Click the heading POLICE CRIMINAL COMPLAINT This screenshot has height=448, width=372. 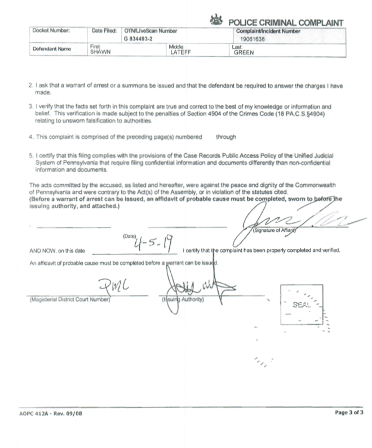point(285,21)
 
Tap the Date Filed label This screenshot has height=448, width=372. point(103,30)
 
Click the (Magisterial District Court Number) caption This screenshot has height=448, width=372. point(69,299)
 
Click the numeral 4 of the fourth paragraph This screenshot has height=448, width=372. point(31,137)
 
